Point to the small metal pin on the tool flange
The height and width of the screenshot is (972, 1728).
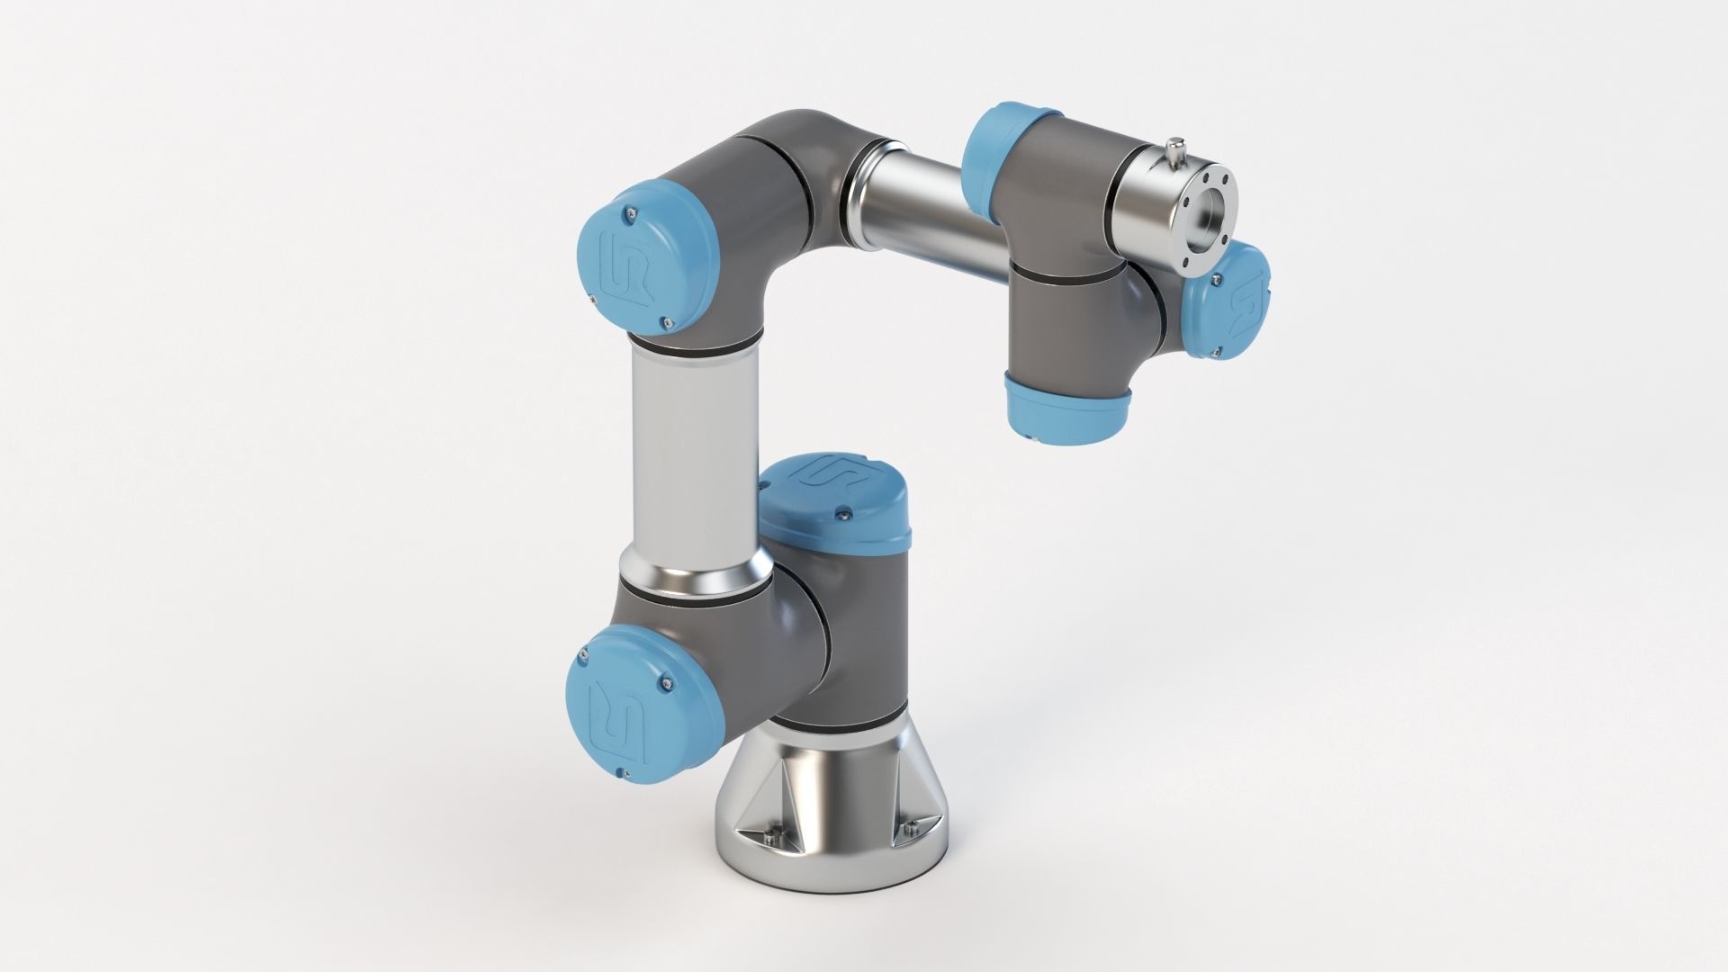[x=1174, y=148]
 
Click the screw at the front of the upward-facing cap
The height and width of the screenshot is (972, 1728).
[x=842, y=513]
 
